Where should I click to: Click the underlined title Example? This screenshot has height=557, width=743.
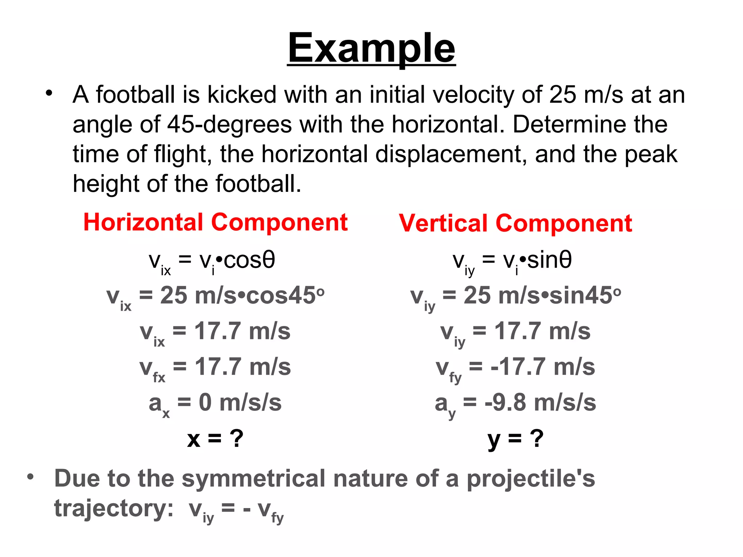click(371, 49)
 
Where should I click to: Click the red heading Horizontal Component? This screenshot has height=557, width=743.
click(215, 222)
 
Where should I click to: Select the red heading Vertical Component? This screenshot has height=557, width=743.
click(516, 223)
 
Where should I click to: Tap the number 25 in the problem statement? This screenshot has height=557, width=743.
click(563, 95)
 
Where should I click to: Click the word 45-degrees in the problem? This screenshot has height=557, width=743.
click(229, 124)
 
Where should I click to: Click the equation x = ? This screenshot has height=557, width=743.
click(215, 438)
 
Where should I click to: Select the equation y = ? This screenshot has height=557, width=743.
click(516, 438)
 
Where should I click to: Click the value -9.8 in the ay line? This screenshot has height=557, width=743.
click(505, 403)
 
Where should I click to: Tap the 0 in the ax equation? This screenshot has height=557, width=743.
click(205, 403)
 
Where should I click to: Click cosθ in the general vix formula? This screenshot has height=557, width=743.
click(250, 260)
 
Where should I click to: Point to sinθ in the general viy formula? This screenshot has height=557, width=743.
click(549, 260)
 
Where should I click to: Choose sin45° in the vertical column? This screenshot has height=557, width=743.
click(585, 296)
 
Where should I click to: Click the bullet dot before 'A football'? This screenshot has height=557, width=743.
click(49, 94)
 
